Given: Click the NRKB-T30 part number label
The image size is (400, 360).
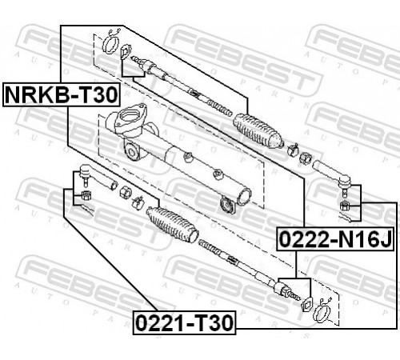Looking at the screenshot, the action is [x=62, y=94].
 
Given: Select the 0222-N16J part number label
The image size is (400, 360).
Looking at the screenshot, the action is [x=335, y=239].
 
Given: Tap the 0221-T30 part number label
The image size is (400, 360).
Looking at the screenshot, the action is [x=185, y=322].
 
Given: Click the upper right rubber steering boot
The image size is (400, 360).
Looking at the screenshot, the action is [x=258, y=130].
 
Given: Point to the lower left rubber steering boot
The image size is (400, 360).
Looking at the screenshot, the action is [x=172, y=225].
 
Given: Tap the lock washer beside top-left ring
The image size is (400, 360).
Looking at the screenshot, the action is [x=125, y=51].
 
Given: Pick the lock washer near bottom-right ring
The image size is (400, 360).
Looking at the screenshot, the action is [x=306, y=304].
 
